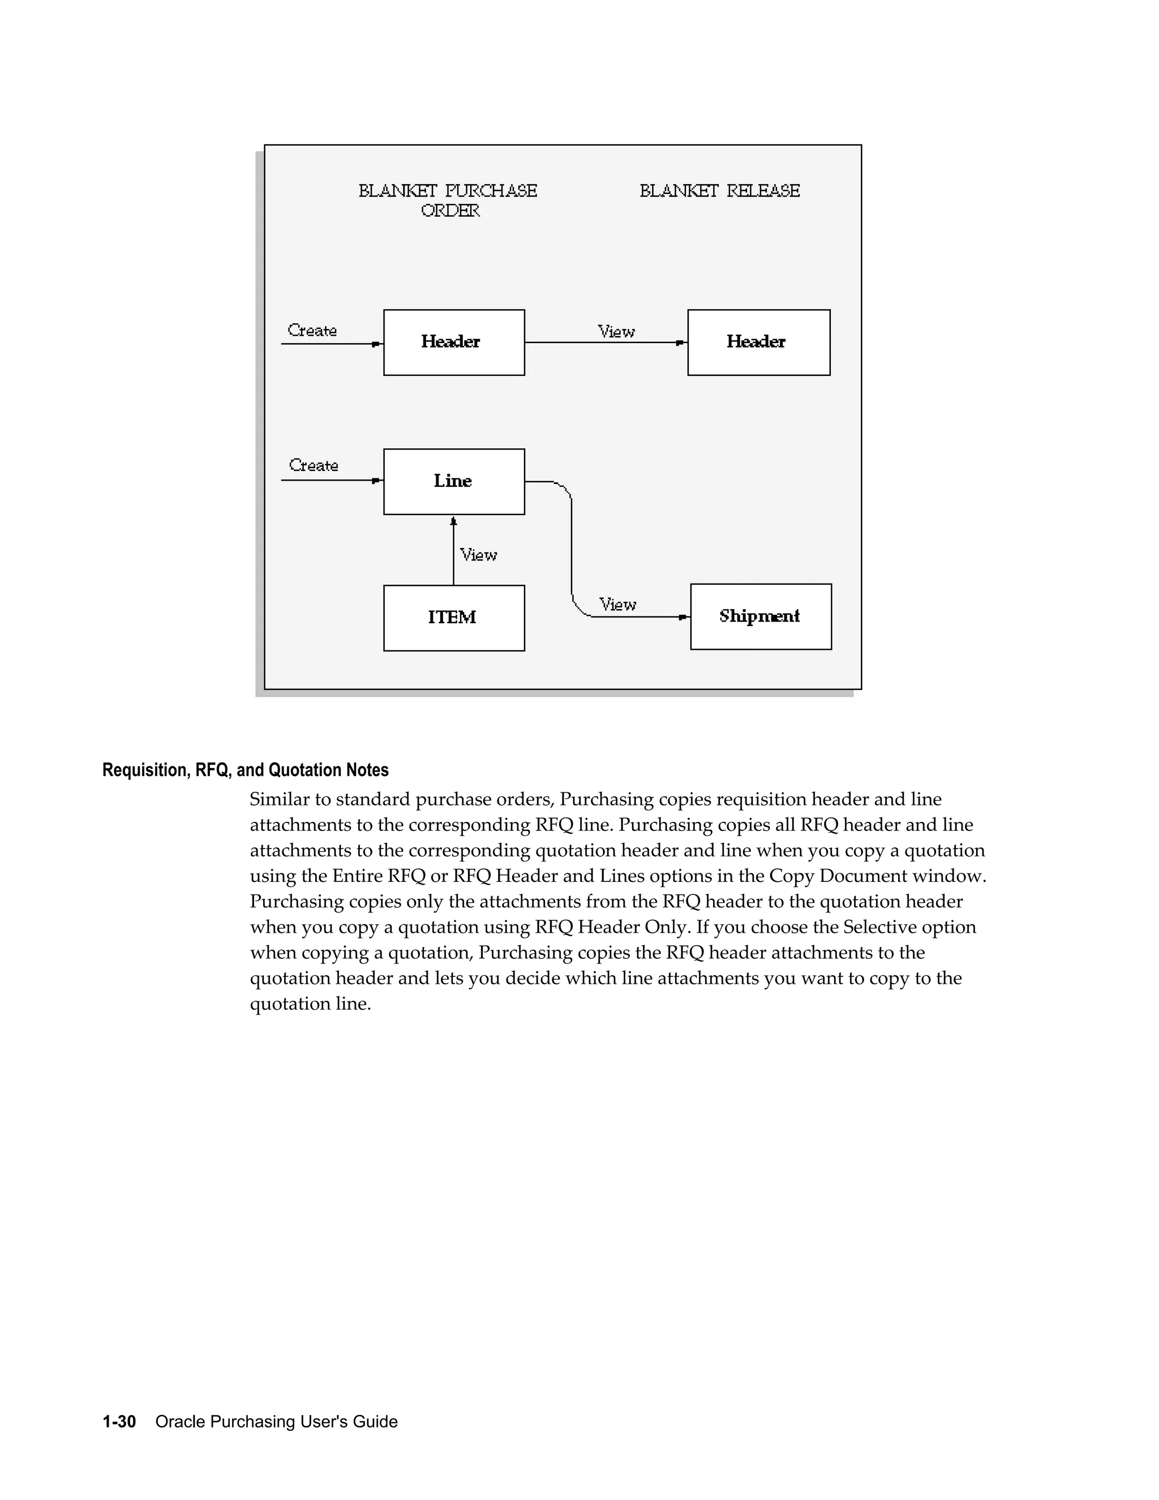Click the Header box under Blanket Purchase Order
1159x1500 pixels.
(454, 342)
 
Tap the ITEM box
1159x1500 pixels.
(454, 618)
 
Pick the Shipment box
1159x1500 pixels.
(760, 616)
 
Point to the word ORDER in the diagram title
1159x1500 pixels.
(450, 211)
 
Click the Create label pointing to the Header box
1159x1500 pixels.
(312, 331)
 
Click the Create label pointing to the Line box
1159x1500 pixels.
(314, 466)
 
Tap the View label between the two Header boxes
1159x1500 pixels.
(616, 332)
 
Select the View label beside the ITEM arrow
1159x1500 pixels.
(478, 555)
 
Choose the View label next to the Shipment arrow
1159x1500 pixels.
(617, 605)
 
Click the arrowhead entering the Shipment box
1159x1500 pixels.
(683, 618)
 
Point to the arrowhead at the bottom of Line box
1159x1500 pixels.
(453, 521)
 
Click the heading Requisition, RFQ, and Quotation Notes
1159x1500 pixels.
(245, 770)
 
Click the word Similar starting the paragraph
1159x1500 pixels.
(277, 799)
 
